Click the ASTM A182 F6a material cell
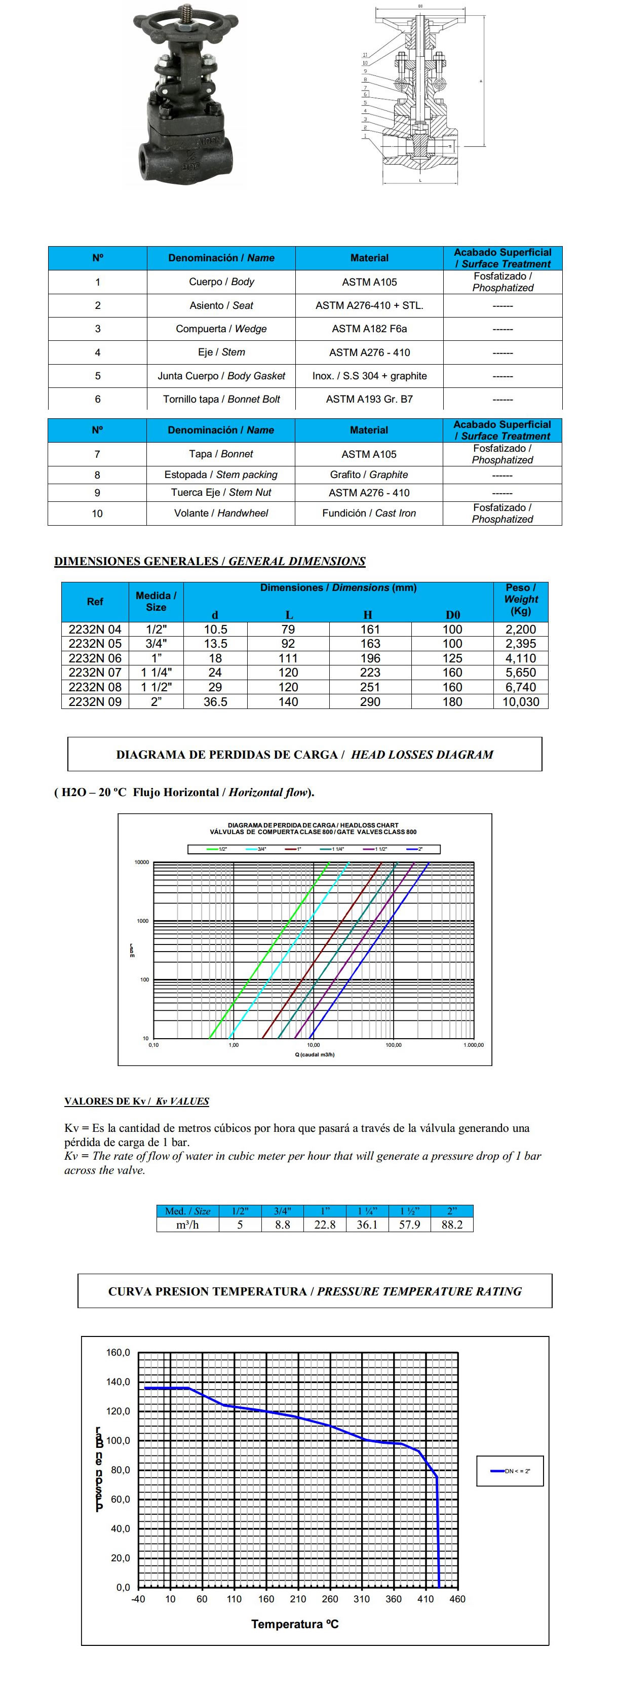369,329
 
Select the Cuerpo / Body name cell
221,282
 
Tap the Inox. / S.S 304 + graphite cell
369,375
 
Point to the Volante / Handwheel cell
220,513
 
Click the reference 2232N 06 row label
95,658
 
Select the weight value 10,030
520,702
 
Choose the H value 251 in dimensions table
370,687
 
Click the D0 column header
452,615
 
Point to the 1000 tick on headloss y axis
143,921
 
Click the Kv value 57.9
409,1225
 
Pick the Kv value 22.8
325,1225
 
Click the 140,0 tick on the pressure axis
119,1382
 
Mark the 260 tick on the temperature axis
330,1599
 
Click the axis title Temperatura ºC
295,1624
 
